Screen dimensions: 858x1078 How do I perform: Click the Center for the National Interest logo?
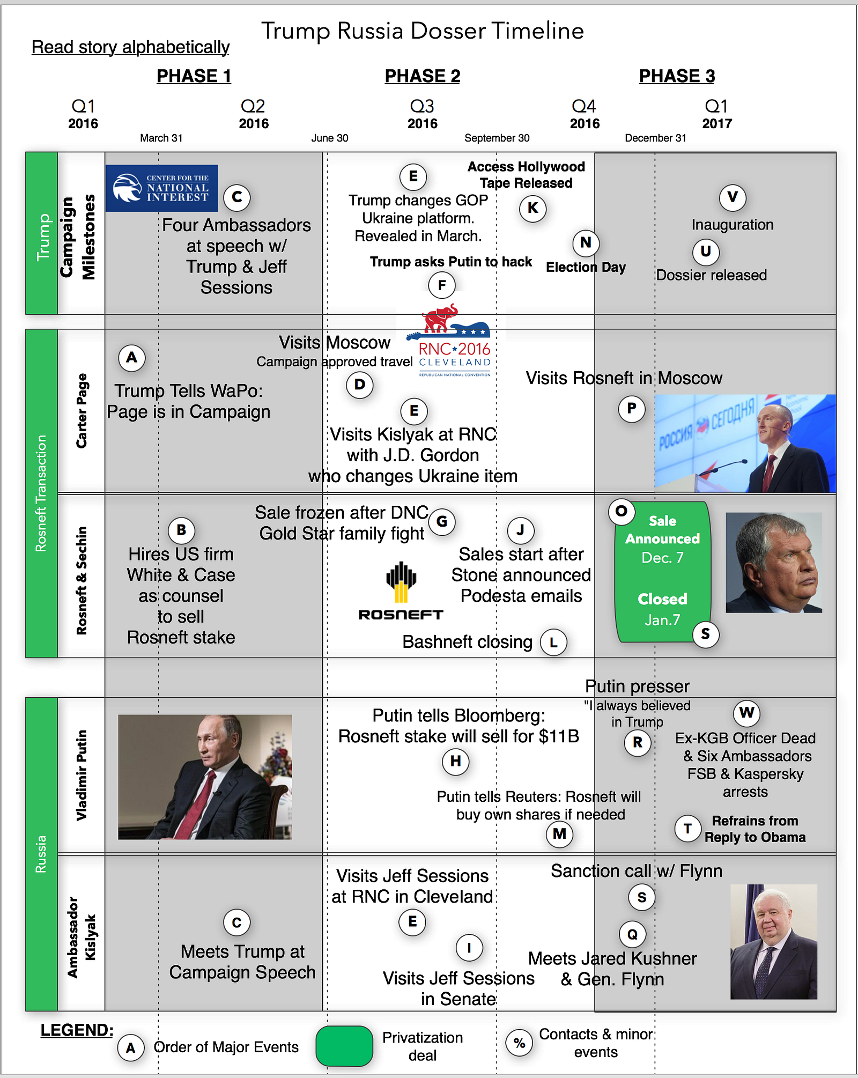pos(161,188)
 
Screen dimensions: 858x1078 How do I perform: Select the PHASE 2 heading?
pos(423,76)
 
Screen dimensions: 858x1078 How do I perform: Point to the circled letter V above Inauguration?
pos(733,197)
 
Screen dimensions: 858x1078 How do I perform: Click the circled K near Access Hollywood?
pos(532,208)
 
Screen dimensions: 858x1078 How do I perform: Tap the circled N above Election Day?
pos(586,243)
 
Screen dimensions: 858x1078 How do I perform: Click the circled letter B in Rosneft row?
pos(181,530)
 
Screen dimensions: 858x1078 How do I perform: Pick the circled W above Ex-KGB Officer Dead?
pos(746,713)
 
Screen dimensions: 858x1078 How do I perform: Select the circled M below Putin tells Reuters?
pos(559,834)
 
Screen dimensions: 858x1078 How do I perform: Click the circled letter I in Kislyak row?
pos(469,948)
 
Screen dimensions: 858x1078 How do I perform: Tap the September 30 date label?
pos(497,138)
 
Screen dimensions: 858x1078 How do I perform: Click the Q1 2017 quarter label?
pos(717,114)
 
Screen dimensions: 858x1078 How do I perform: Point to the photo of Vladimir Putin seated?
pos(205,777)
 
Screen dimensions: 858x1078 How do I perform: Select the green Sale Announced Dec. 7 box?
pos(663,572)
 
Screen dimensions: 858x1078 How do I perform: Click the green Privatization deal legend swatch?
pos(344,1046)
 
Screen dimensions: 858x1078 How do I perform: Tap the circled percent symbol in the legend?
pos(519,1043)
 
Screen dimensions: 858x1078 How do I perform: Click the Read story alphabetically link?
pos(130,47)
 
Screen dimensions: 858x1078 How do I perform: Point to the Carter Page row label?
pos(82,411)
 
